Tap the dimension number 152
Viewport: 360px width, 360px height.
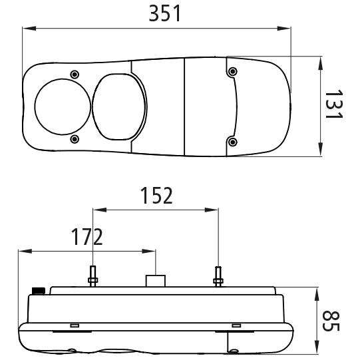(x=156, y=196)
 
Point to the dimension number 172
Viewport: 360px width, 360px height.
(x=87, y=236)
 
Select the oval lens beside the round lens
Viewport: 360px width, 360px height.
(x=118, y=104)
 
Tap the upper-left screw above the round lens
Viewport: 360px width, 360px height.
(x=75, y=73)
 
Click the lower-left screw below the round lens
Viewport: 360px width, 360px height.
(x=75, y=138)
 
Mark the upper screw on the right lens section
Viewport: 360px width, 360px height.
(x=231, y=71)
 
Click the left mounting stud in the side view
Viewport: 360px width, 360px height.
(x=93, y=275)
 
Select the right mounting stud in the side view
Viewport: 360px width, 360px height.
(x=217, y=275)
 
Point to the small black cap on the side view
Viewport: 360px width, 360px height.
(x=39, y=289)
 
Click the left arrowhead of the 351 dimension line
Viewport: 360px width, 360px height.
(x=26, y=29)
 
